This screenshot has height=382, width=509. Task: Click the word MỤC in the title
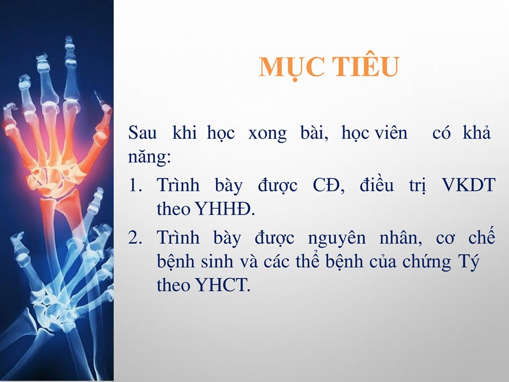click(291, 67)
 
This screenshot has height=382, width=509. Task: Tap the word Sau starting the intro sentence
click(142, 132)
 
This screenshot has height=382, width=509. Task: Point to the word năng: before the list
click(149, 157)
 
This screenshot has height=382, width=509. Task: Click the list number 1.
click(135, 185)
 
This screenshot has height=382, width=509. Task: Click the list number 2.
click(135, 237)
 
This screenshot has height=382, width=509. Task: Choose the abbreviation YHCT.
click(223, 285)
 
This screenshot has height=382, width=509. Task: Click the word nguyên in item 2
click(337, 238)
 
